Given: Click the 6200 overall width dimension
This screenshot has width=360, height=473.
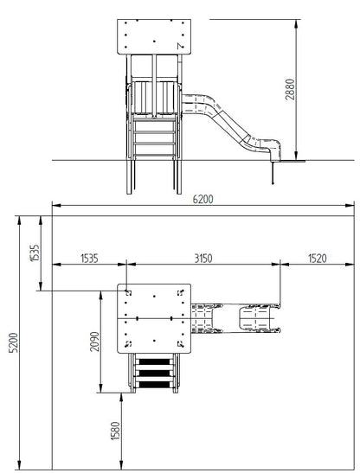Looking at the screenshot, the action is coord(203,200).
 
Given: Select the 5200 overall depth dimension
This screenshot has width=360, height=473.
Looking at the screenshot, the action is coord(14,342).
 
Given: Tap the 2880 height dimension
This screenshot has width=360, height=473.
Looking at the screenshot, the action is coord(290,89).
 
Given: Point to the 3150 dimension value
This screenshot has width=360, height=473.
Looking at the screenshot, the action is coord(203,259).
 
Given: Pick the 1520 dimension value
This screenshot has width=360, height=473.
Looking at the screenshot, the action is coord(318,259).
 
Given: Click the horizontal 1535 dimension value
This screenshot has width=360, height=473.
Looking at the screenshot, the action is coord(89,259).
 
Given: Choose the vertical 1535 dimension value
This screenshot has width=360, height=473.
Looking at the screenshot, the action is coord(35,253).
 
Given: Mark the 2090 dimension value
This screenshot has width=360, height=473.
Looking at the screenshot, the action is coord(94,342).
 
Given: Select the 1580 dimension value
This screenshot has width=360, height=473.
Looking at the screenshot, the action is coord(115,431).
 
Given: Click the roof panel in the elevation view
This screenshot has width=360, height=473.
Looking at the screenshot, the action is coord(154,37).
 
